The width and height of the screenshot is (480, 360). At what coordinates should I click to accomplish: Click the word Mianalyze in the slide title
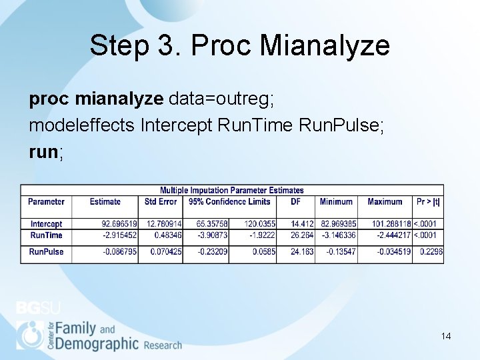coord(325,46)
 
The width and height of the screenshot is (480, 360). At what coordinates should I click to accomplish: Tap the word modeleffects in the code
coord(83,125)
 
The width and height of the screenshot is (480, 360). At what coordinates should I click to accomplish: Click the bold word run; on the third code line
coord(47,151)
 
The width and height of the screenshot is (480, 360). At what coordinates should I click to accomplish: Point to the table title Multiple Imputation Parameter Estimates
coord(231,191)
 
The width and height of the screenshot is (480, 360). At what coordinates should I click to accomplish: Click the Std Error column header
coord(161,201)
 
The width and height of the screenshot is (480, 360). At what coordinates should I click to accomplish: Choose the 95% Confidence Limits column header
coord(229,201)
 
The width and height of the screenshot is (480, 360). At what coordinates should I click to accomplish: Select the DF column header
coord(296,201)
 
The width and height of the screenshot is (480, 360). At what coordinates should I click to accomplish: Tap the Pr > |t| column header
coord(428,201)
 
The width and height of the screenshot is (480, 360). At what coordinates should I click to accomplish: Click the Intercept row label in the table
coord(46,225)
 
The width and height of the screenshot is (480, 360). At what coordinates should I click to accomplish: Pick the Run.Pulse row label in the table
coord(46,252)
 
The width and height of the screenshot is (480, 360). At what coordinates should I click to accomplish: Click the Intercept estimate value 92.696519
coord(119,225)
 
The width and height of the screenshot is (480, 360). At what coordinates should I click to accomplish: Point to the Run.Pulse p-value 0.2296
coord(431,252)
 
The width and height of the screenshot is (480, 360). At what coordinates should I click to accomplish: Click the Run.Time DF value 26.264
coord(302,235)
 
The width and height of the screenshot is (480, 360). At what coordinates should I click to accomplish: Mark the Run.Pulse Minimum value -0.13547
coord(341,252)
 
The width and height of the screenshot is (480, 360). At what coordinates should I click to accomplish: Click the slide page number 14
coord(446,336)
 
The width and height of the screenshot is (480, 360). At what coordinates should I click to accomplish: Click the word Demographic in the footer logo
coord(97,343)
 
